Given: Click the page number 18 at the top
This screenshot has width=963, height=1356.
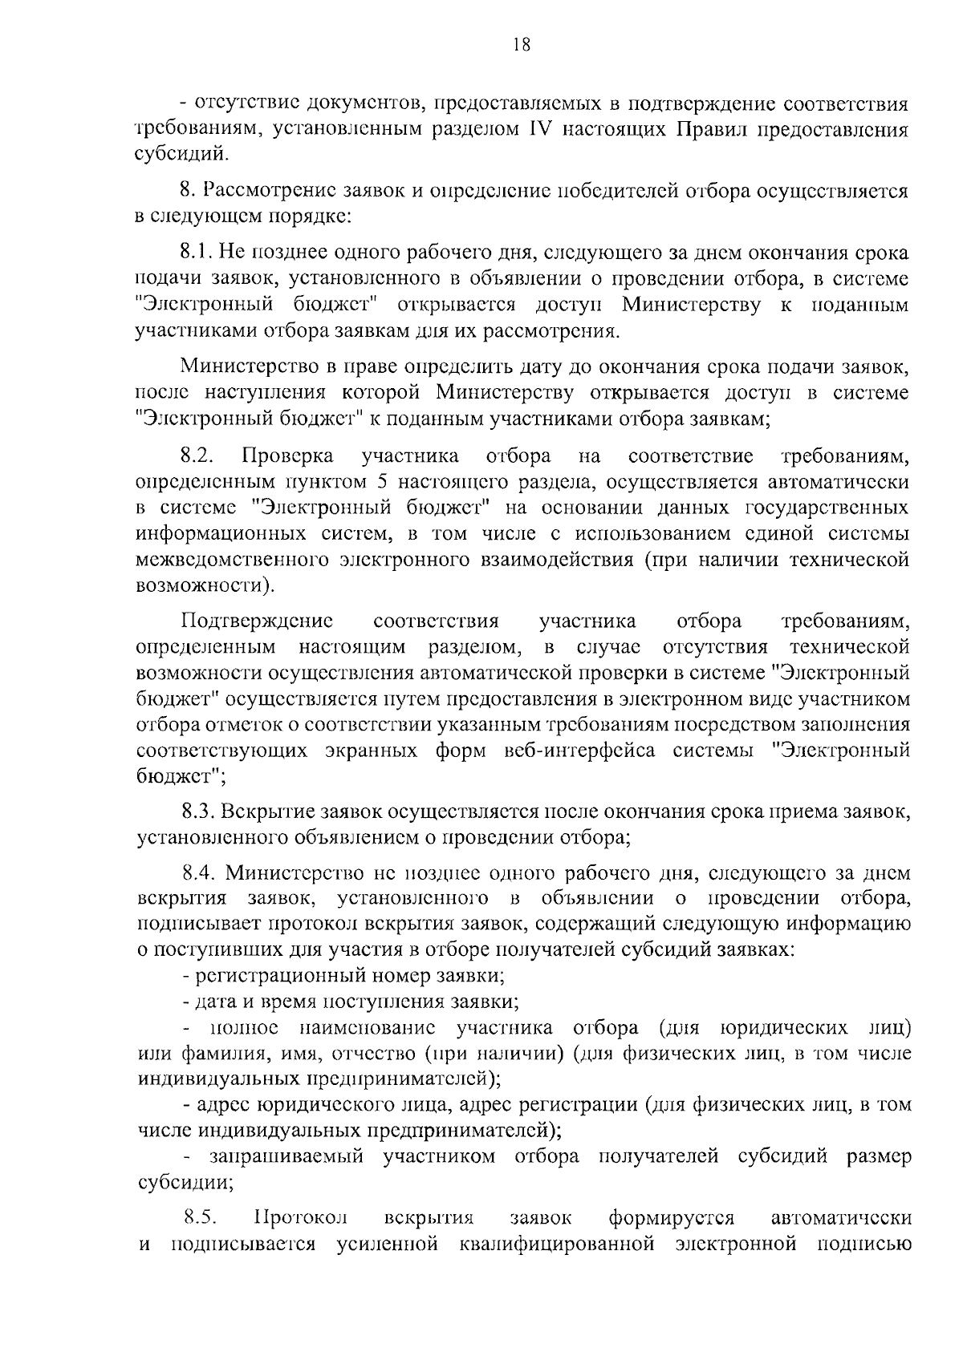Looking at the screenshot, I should pos(521,45).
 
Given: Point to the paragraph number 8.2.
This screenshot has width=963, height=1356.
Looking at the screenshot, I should pos(197,457).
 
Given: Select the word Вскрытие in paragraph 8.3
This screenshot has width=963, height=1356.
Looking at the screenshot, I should pos(270,812).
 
